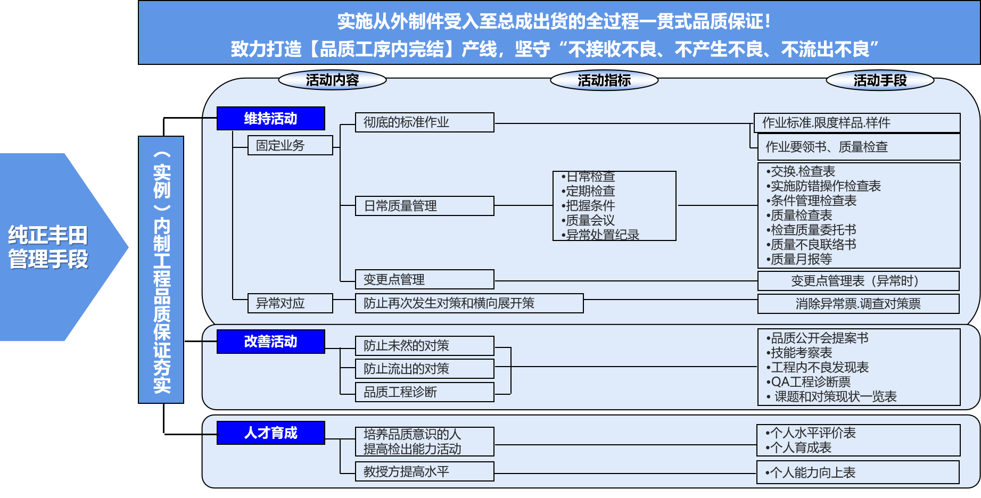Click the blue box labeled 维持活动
tap(271, 118)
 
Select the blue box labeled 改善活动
tap(271, 341)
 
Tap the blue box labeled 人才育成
tap(271, 433)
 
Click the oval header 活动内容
tap(333, 80)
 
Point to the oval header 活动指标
tap(604, 80)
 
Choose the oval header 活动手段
tap(880, 80)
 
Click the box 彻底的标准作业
tap(425, 122)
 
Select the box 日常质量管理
tap(425, 206)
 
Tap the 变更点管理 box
tap(425, 279)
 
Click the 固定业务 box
tap(290, 145)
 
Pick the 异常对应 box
tap(290, 303)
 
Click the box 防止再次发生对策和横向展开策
tap(469, 303)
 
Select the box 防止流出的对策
tap(425, 369)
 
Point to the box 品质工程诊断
tap(425, 392)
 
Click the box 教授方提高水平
tap(425, 471)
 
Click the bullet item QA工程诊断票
tap(809, 382)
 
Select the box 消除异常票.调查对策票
tap(859, 304)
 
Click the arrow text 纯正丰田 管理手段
tap(48, 247)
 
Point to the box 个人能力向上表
tap(858, 472)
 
